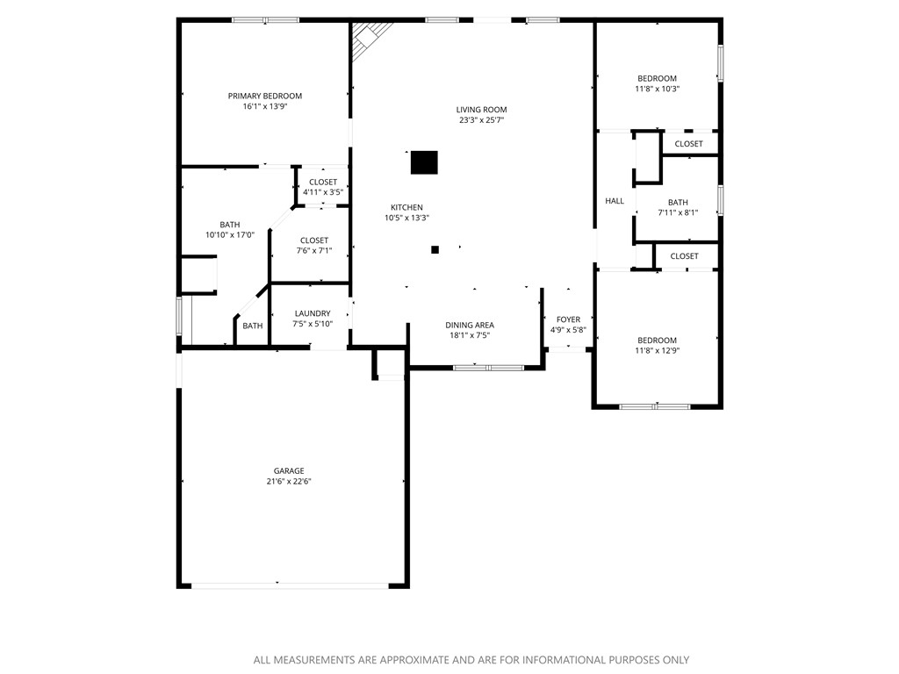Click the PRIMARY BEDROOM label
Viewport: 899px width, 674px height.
264,96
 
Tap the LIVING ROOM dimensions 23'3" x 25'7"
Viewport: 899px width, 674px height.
481,121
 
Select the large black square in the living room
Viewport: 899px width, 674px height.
424,162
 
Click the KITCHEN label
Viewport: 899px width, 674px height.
406,207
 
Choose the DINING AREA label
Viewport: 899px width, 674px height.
470,325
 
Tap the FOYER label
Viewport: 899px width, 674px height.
568,319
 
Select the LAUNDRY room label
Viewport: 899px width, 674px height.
313,313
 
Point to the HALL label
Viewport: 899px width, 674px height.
615,201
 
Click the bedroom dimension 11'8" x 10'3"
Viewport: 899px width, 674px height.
657,89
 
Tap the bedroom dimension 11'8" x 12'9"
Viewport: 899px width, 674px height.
657,351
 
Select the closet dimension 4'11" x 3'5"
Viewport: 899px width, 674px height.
322,192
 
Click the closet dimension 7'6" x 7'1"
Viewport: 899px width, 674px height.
314,251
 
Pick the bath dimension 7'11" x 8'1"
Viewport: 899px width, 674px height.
677,212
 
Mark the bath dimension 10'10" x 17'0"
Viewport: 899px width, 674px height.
229,235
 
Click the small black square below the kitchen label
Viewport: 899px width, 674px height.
435,249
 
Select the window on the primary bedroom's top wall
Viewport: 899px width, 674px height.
265,19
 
